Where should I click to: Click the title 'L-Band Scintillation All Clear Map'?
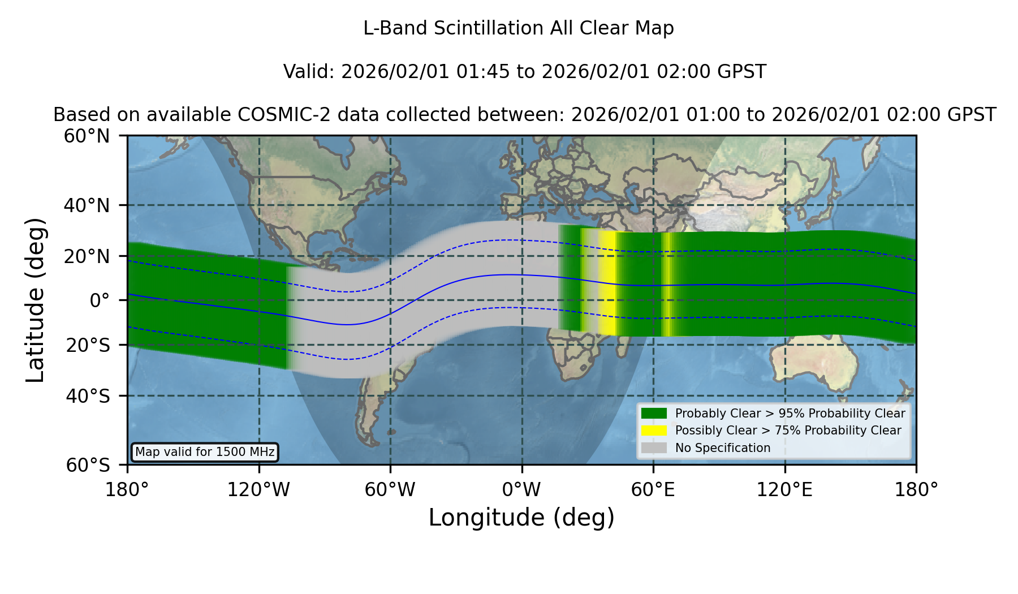519,28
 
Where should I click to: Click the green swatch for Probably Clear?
654,414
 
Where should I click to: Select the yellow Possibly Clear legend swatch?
654,431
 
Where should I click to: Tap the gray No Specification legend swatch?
654,448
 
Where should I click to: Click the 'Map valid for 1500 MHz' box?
205,452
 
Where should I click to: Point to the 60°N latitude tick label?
87,136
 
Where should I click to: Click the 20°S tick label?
88,345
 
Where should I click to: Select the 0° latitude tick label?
100,300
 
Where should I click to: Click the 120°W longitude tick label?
258,489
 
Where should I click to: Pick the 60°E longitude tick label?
653,489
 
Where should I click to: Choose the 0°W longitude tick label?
521,489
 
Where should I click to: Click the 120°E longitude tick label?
784,489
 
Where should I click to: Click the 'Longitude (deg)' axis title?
521,518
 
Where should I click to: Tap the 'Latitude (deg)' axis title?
35,300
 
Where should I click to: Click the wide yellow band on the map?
607,283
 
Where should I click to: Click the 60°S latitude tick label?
88,465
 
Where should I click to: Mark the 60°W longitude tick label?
390,489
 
